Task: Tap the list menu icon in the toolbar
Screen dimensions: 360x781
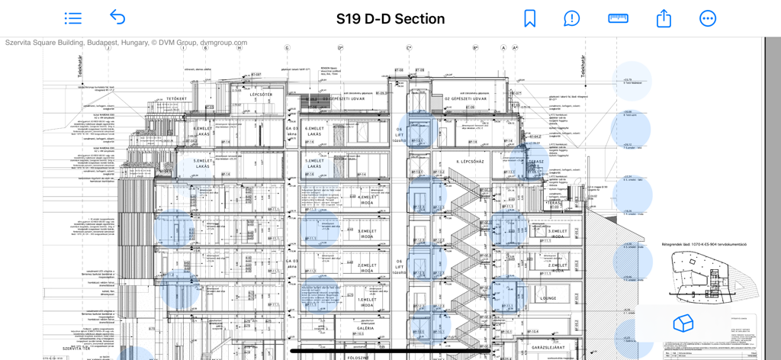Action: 73,18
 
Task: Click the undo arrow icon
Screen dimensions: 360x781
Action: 117,18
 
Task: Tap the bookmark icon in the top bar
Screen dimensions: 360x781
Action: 529,18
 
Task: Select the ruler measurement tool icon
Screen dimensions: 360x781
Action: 618,18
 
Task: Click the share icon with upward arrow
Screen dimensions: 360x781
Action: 664,18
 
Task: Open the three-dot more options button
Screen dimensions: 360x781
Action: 708,18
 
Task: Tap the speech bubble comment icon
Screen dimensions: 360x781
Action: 572,18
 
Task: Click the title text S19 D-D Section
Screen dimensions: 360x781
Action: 390,19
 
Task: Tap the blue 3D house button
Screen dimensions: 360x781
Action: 683,323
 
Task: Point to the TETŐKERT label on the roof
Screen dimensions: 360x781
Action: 177,98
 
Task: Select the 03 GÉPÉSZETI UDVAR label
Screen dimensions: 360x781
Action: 336,98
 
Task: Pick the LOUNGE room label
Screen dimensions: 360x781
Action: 549,298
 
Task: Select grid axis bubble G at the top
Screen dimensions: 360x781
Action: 288,47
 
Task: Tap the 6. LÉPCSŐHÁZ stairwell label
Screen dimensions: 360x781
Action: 471,162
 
